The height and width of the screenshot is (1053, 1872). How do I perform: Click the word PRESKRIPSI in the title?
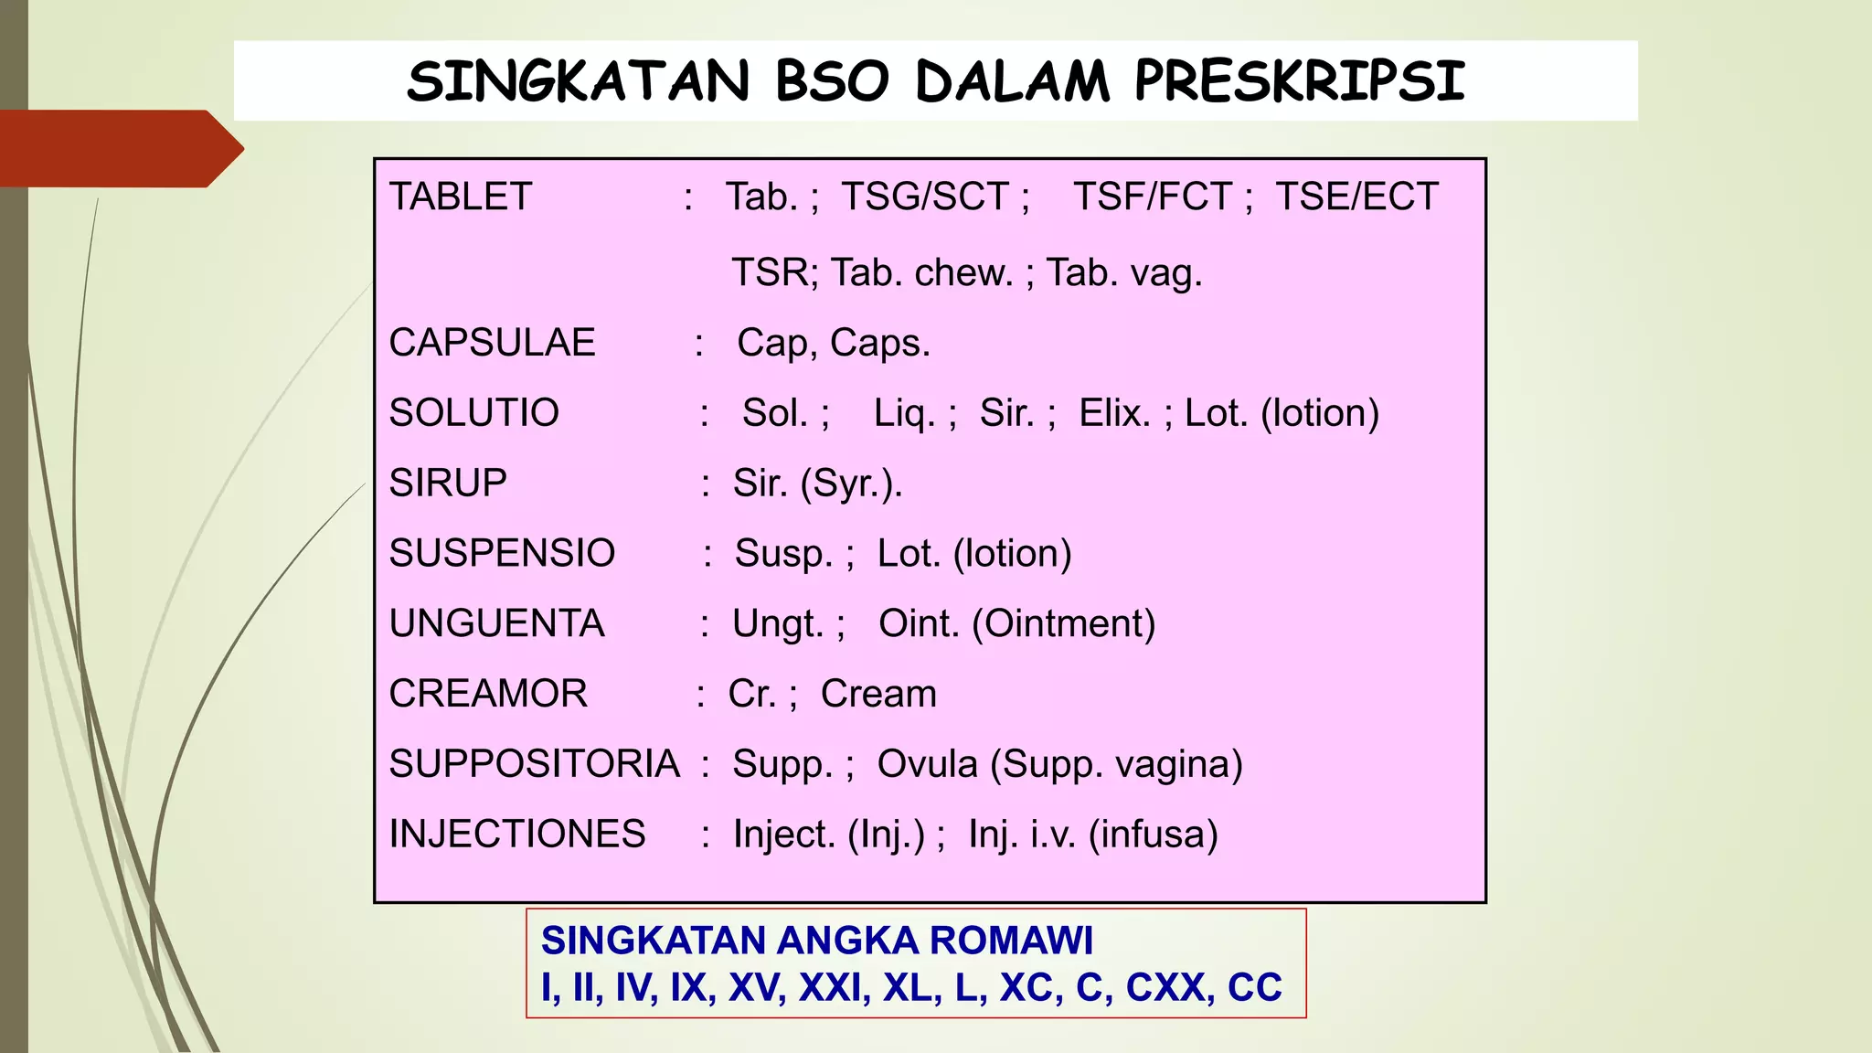tap(1299, 80)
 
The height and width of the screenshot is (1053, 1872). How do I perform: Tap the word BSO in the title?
tap(832, 80)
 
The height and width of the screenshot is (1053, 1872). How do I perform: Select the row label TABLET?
tap(461, 197)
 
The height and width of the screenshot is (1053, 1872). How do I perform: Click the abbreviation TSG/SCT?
tap(925, 197)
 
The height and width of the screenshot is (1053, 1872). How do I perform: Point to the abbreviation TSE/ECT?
tap(1356, 197)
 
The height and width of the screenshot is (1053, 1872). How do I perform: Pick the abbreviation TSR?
tap(773, 272)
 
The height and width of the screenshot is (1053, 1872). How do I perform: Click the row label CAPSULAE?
tap(492, 343)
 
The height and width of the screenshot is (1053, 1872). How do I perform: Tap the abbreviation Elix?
tap(1113, 413)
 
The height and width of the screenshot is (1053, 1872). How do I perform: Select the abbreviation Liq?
tap(905, 413)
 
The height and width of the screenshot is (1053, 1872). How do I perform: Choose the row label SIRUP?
tap(448, 483)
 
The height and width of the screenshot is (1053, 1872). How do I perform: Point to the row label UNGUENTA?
tap(496, 623)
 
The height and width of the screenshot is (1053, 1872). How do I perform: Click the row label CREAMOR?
tap(488, 694)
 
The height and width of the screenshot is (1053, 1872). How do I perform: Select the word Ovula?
tap(927, 764)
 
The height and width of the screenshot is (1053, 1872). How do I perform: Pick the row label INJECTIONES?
tap(517, 834)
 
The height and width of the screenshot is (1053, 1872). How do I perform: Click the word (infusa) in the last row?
tap(1154, 834)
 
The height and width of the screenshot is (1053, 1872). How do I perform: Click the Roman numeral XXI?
tap(835, 987)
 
